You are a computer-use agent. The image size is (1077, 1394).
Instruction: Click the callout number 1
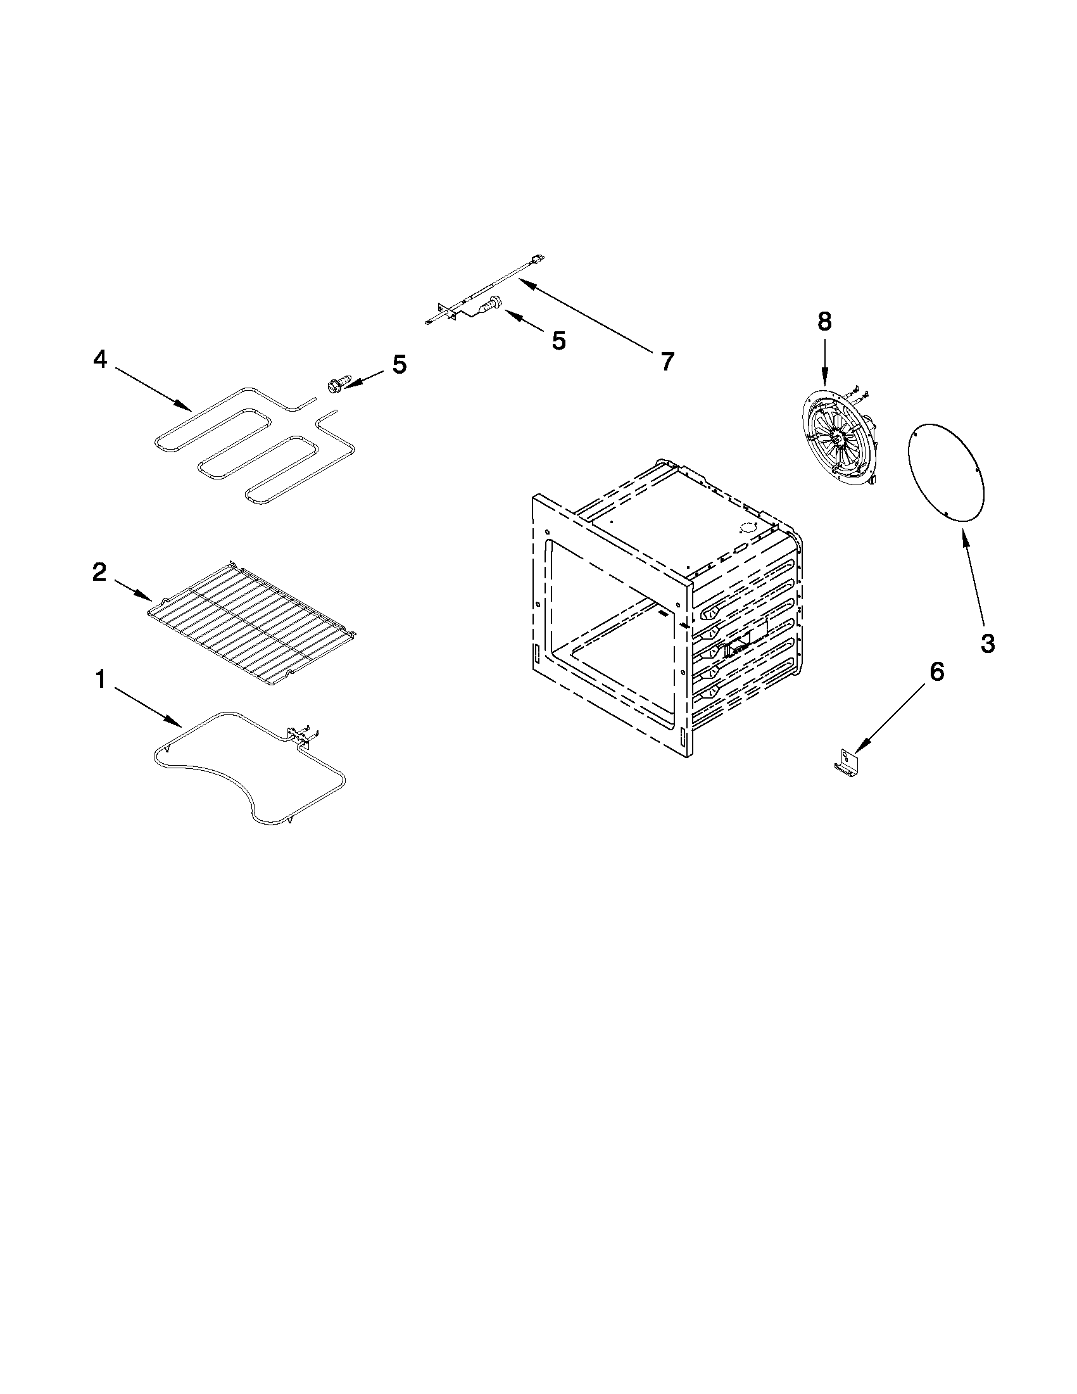click(100, 680)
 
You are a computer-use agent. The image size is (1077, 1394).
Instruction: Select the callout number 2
click(99, 572)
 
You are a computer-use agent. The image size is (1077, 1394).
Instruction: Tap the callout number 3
click(986, 643)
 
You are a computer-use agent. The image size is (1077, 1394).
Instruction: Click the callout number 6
click(936, 671)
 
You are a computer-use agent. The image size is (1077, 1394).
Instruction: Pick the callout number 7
click(666, 362)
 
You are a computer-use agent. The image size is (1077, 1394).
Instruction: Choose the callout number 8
click(824, 322)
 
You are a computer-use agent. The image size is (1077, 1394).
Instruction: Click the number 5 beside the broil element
click(399, 364)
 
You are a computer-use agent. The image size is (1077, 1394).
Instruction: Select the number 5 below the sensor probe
click(558, 341)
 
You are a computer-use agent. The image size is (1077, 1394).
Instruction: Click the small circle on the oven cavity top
click(746, 528)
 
